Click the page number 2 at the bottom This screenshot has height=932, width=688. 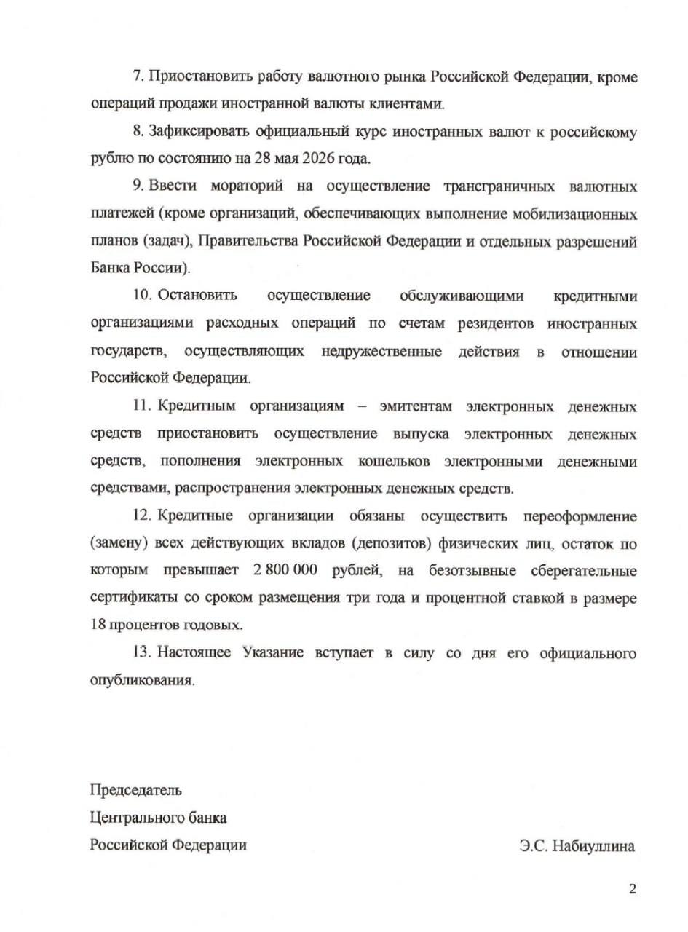pyautogui.click(x=632, y=888)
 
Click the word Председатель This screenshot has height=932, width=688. pyautogui.click(x=136, y=789)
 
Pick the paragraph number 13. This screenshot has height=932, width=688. pyautogui.click(x=141, y=652)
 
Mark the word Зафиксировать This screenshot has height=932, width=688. pyautogui.click(x=199, y=132)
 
